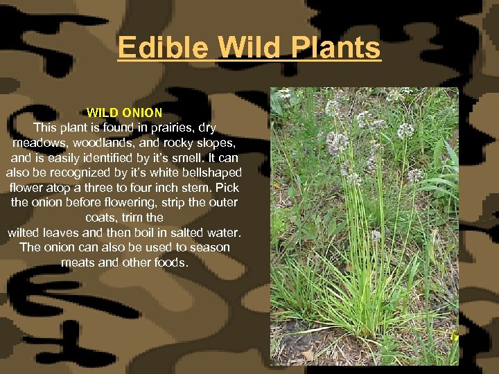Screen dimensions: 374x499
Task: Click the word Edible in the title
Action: [163, 48]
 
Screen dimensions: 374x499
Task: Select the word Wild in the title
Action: [247, 48]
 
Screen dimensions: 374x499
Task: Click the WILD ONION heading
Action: [124, 112]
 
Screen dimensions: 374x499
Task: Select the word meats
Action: [77, 262]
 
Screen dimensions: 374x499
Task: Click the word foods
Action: [170, 262]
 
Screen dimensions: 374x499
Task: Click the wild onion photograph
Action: [365, 226]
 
